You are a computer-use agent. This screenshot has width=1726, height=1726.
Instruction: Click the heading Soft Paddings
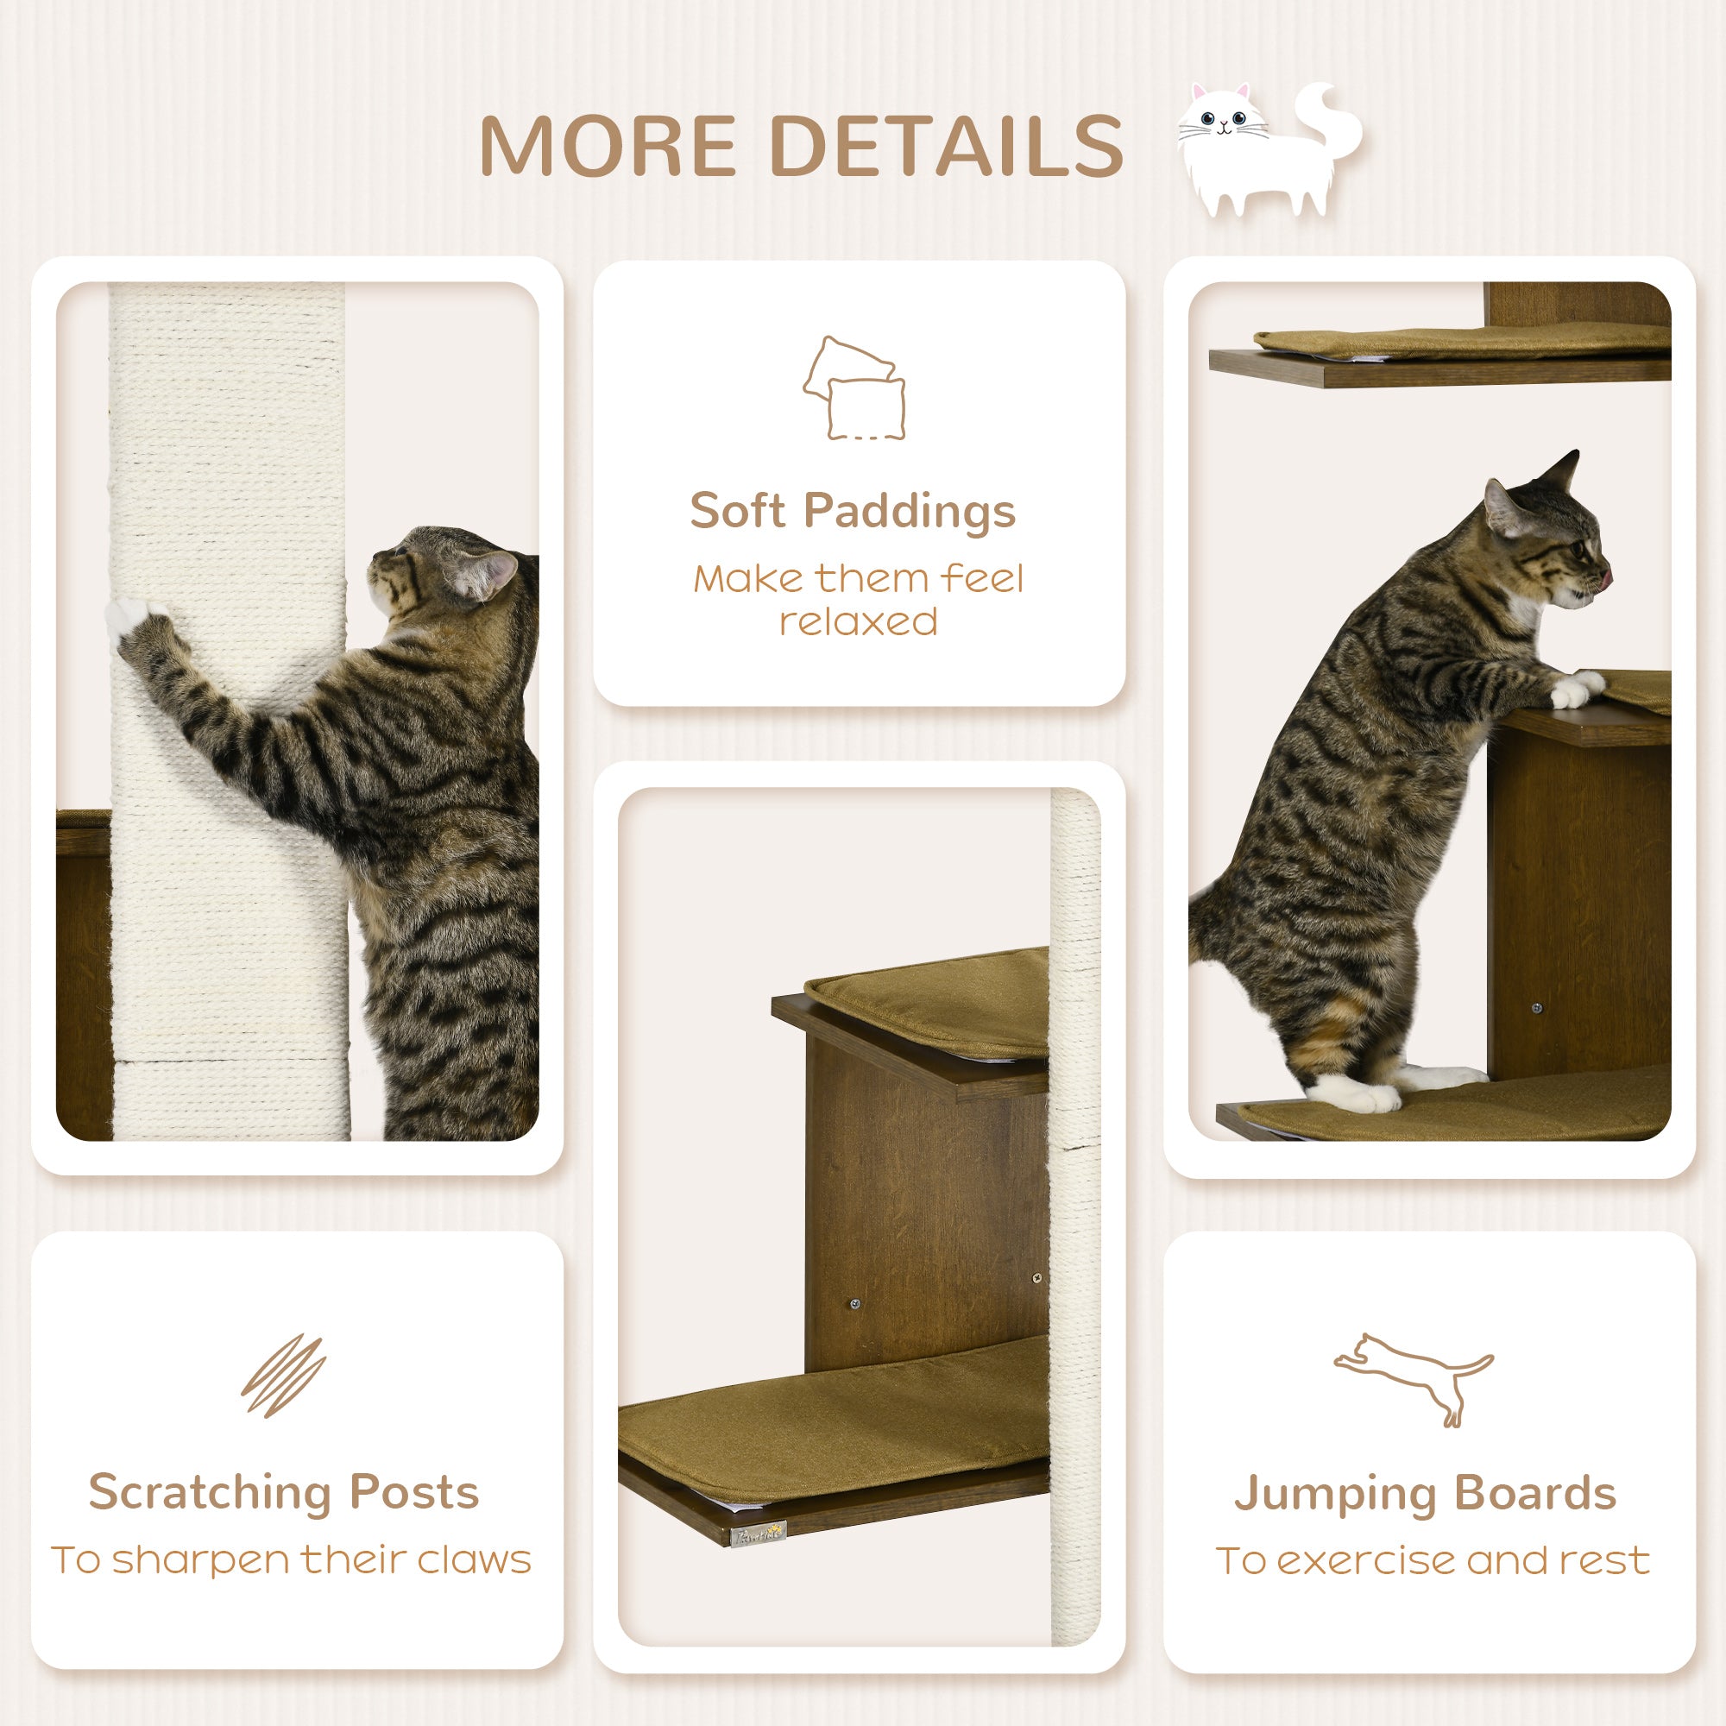853,511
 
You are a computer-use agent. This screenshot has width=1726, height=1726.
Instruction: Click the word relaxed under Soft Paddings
858,621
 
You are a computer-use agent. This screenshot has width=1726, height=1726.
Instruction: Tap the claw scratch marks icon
283,1376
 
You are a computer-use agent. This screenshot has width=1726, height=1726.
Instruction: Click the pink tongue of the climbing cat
1605,580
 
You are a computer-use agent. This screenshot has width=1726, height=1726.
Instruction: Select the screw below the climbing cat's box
1537,1009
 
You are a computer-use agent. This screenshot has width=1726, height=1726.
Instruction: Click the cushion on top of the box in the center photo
929,1010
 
